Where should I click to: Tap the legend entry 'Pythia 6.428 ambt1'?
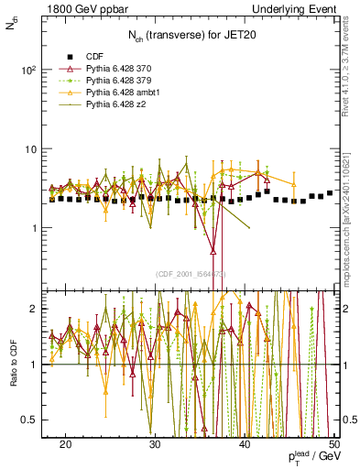[124, 93]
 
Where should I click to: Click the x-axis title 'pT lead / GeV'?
[310, 458]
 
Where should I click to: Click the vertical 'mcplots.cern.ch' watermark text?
[349, 229]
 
